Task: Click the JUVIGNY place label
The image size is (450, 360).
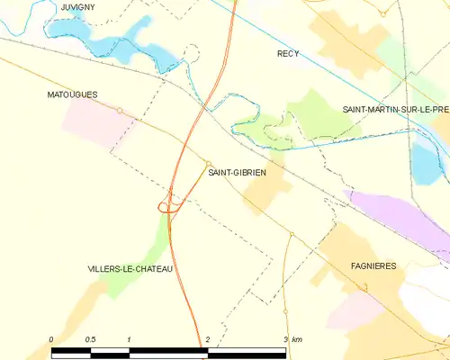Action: [77, 7]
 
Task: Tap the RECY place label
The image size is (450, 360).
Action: [288, 54]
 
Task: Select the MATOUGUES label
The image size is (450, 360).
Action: [72, 94]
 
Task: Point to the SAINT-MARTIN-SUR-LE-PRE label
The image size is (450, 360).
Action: [395, 109]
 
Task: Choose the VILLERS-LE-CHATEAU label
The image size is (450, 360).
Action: [130, 269]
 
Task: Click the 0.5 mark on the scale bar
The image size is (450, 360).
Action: [90, 338]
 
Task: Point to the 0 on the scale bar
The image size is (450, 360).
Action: [53, 338]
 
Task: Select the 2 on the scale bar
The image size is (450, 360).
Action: [208, 338]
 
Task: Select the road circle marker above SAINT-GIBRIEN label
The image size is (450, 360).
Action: [208, 163]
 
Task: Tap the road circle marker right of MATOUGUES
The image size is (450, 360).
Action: [120, 111]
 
